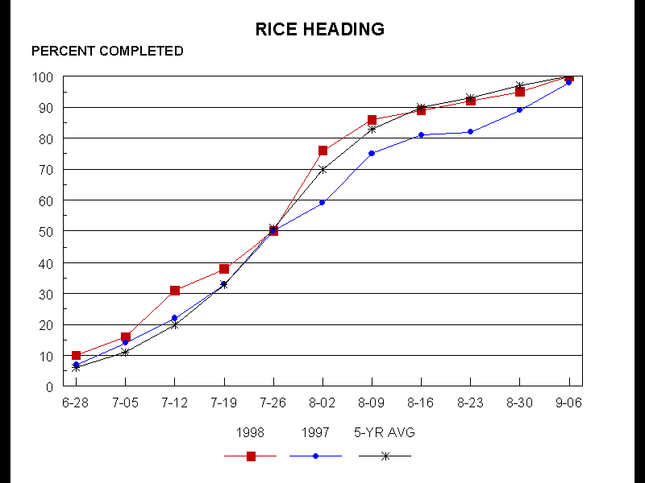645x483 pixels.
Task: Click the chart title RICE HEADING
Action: pyautogui.click(x=320, y=30)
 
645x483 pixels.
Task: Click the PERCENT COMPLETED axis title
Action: pyautogui.click(x=107, y=52)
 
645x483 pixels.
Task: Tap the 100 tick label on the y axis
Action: pyautogui.click(x=43, y=77)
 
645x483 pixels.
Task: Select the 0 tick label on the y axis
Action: pyautogui.click(x=50, y=387)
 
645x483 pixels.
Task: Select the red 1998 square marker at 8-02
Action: pyautogui.click(x=322, y=151)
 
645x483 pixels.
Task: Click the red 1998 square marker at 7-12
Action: pyautogui.click(x=175, y=291)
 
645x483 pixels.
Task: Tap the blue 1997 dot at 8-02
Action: pyautogui.click(x=322, y=203)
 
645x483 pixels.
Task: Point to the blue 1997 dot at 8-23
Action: pyautogui.click(x=471, y=132)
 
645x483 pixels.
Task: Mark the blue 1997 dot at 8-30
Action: pyautogui.click(x=520, y=110)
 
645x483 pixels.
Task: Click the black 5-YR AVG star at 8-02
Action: pyautogui.click(x=322, y=170)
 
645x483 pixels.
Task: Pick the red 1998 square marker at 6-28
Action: pyautogui.click(x=76, y=355)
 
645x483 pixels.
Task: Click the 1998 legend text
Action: pyautogui.click(x=250, y=432)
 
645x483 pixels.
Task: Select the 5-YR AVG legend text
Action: pyautogui.click(x=385, y=432)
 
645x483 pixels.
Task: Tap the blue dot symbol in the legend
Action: pyautogui.click(x=315, y=456)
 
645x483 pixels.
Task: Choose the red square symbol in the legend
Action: pyautogui.click(x=251, y=456)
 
